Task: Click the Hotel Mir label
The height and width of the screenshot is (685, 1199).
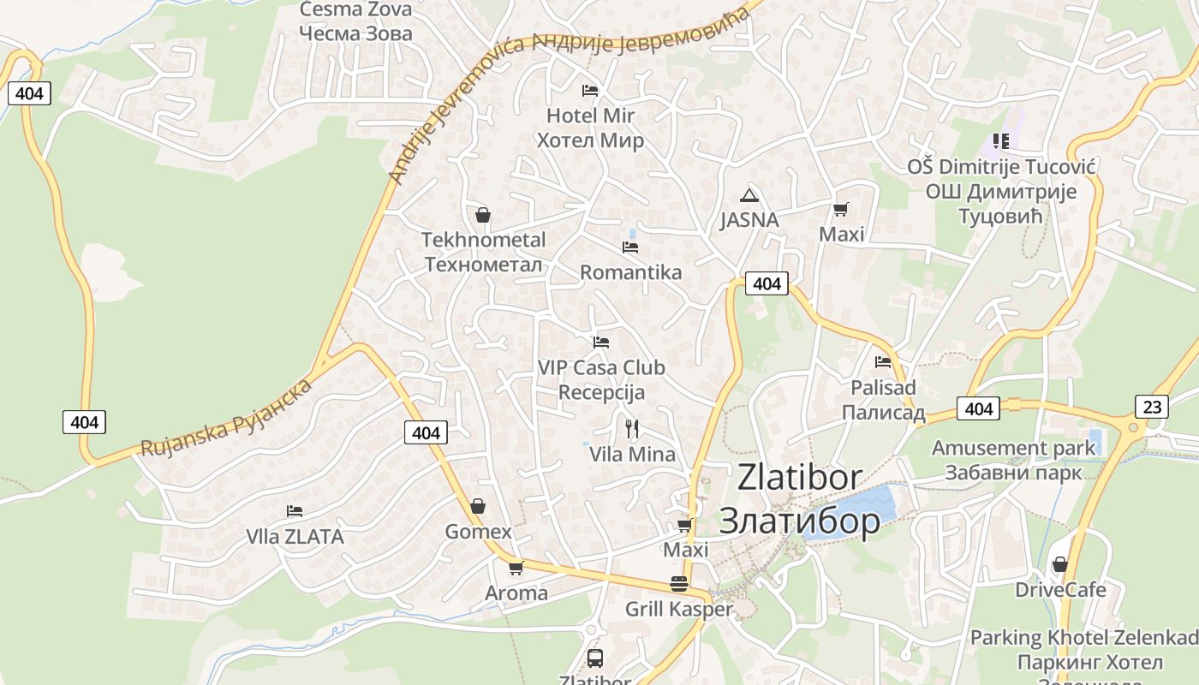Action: click(590, 128)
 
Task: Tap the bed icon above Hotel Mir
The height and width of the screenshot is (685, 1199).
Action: click(589, 90)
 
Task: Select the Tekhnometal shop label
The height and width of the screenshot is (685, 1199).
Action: click(483, 252)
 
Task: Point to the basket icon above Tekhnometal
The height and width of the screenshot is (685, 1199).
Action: click(483, 214)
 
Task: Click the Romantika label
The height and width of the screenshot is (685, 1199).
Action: click(630, 272)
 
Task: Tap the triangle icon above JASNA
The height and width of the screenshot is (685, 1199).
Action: click(749, 195)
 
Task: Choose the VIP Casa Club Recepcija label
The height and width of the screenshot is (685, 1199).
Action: click(601, 379)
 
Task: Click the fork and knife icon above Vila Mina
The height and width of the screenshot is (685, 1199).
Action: click(632, 428)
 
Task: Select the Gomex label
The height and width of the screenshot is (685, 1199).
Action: click(478, 532)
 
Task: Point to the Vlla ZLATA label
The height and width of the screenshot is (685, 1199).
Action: click(295, 537)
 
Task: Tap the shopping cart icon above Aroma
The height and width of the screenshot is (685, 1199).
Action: click(516, 568)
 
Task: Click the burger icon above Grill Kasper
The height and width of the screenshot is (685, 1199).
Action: click(679, 584)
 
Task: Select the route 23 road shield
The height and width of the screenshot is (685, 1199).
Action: click(1153, 406)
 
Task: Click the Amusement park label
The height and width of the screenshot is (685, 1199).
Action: click(1013, 460)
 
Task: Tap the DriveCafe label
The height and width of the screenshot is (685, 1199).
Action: click(1060, 590)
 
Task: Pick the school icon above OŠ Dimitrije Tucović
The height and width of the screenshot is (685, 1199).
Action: click(1000, 140)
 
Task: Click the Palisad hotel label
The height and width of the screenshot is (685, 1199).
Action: click(883, 400)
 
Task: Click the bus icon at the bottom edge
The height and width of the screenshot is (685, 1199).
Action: click(594, 658)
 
